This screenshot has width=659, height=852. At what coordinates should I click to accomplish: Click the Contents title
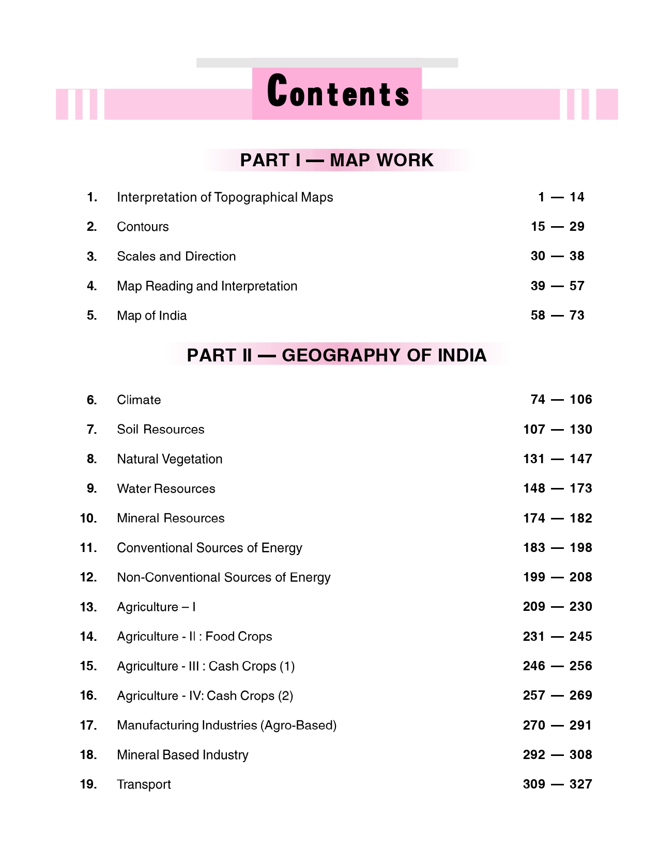[338, 92]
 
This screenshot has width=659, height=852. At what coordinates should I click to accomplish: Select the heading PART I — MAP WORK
[336, 160]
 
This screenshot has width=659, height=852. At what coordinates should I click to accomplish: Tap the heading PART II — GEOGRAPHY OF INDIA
[336, 355]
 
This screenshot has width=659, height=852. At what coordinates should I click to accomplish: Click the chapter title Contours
[143, 227]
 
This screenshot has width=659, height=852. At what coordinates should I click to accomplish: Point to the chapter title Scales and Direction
[176, 256]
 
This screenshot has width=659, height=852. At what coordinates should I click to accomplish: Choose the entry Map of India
[151, 315]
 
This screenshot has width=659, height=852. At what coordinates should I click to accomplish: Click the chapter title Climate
[139, 400]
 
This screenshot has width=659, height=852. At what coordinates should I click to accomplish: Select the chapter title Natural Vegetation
[170, 459]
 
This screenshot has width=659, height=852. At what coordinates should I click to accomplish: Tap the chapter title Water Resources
[166, 488]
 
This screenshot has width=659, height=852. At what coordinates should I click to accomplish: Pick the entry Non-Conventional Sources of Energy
[223, 577]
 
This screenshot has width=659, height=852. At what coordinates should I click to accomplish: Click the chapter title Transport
[144, 784]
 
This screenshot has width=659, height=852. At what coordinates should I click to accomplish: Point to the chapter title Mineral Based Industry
[182, 755]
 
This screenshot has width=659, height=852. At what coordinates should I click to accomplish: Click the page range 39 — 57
[557, 286]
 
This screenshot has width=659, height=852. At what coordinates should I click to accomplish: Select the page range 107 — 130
[557, 429]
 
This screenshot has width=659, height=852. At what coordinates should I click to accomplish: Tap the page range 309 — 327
[557, 784]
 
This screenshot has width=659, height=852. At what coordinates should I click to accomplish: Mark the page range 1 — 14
[561, 197]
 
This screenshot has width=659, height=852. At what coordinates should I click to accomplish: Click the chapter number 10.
[88, 518]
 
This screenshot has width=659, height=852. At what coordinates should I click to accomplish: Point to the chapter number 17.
[88, 725]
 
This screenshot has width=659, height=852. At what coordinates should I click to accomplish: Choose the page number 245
[580, 637]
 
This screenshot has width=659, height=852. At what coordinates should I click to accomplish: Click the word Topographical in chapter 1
[255, 198]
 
